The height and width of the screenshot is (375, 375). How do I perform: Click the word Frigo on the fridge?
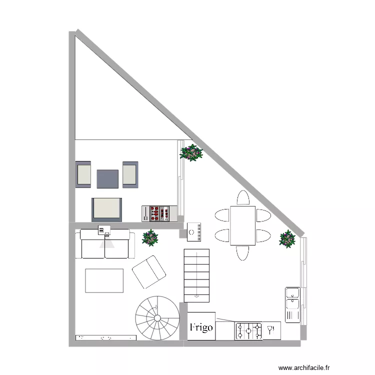(201, 328)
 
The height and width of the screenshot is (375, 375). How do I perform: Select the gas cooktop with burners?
(249, 330)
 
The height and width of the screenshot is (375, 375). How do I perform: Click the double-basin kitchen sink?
(292, 304)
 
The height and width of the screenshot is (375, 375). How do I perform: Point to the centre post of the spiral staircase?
(157, 318)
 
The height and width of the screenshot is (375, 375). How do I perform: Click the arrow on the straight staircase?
(196, 296)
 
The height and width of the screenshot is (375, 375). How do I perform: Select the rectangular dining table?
(242, 225)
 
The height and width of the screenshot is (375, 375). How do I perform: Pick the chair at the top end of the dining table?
(243, 197)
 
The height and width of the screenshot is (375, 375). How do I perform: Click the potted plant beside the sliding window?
(287, 239)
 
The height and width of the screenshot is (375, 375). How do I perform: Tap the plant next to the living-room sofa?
(150, 237)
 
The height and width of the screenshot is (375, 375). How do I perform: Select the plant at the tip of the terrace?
(191, 152)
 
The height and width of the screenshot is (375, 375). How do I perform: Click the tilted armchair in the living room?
(148, 271)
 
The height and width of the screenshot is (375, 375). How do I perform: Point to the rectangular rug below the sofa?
(104, 280)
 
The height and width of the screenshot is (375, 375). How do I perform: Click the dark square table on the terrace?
(107, 178)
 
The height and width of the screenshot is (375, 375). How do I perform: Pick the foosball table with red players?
(159, 213)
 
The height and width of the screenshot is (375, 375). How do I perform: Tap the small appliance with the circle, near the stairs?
(194, 231)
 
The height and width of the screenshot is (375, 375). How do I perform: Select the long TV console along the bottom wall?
(105, 337)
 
